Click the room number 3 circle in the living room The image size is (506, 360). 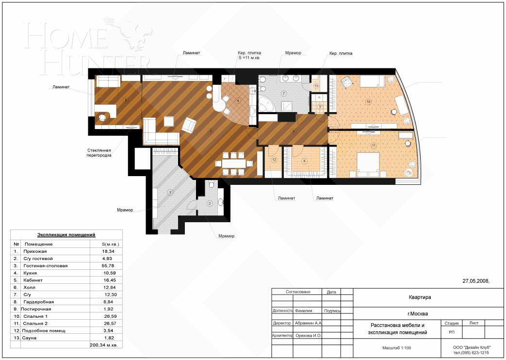[x=210, y=131]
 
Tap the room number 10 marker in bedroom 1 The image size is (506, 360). [x=368, y=102]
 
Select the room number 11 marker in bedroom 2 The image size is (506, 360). [x=373, y=145]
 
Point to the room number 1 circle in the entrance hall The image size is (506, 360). [x=170, y=192]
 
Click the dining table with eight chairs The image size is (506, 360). [x=235, y=164]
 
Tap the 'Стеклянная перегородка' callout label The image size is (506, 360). [x=99, y=153]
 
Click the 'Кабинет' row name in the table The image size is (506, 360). [x=33, y=280]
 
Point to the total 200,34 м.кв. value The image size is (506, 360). [x=106, y=345]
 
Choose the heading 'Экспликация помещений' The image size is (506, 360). [x=66, y=235]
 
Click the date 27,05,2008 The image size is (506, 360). [x=476, y=281]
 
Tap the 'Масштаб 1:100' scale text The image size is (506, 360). [x=396, y=348]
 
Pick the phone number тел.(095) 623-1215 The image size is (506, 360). [x=471, y=353]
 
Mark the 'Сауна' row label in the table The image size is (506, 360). [x=30, y=338]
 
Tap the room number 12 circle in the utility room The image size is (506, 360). [x=274, y=160]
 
